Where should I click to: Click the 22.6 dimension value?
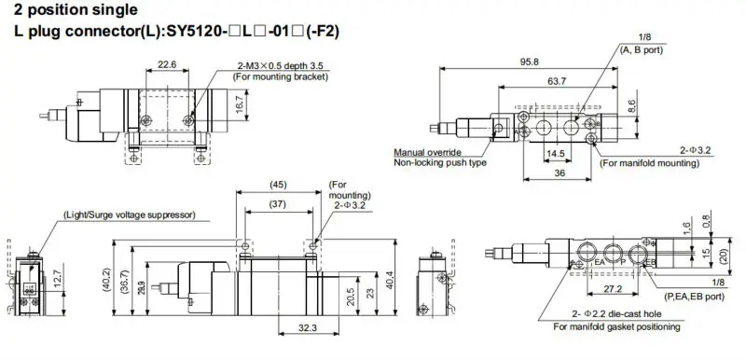point(166,65)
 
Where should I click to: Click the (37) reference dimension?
point(277,204)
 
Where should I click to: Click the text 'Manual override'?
point(427,151)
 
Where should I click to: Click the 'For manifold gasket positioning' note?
point(615,327)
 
